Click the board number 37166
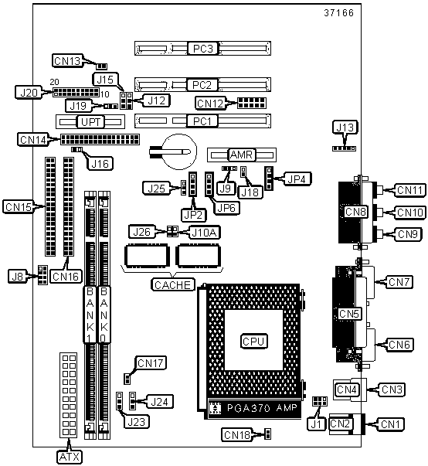[x=339, y=13]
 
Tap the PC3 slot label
[x=203, y=49]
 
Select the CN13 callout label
[x=67, y=61]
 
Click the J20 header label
[x=29, y=93]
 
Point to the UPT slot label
[x=90, y=122]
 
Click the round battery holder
[x=179, y=151]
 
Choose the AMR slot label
[x=241, y=155]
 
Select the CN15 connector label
[x=19, y=206]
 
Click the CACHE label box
[x=173, y=284]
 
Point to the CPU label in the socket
[x=253, y=341]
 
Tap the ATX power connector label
[x=70, y=457]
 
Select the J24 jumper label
[x=160, y=402]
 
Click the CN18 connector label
[x=236, y=435]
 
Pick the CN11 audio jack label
[x=410, y=190]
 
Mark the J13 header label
[x=345, y=128]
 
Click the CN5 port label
[x=349, y=314]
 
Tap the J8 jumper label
[x=17, y=276]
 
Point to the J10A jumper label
[x=205, y=232]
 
